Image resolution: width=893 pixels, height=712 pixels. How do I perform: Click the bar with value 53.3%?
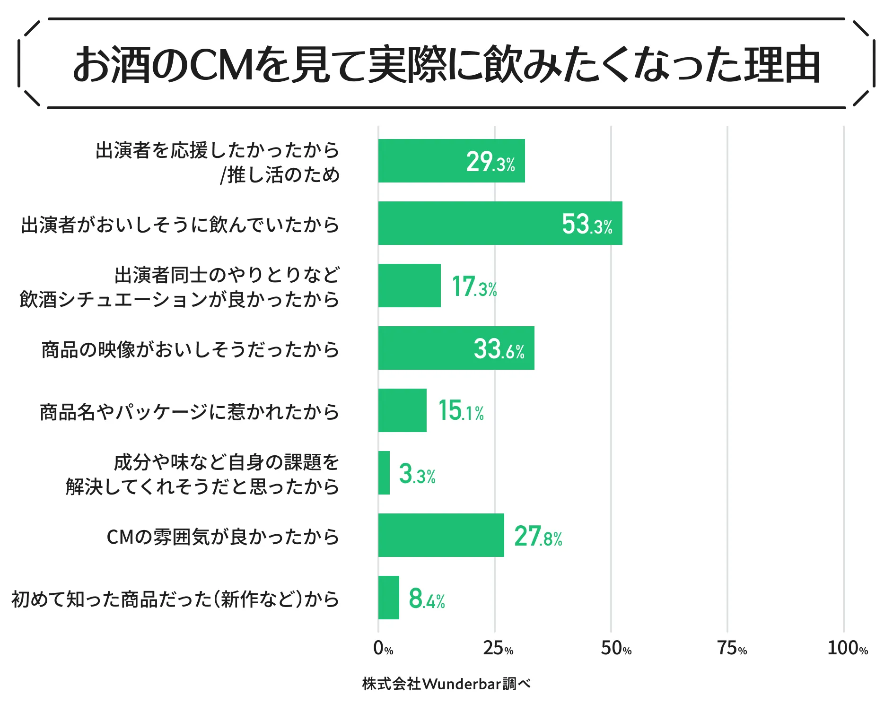click(500, 223)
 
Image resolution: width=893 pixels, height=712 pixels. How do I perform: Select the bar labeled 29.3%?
click(451, 161)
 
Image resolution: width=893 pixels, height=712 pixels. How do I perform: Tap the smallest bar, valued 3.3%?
click(384, 473)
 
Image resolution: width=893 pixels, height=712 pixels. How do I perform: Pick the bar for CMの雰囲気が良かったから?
click(441, 535)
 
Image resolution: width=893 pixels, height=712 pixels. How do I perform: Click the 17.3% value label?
click(474, 287)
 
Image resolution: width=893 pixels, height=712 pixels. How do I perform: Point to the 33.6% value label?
click(499, 349)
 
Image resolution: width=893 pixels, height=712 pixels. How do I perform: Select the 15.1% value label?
click(461, 410)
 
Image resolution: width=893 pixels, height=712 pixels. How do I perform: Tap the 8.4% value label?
click(427, 599)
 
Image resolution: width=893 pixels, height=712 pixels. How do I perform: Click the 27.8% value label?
click(538, 536)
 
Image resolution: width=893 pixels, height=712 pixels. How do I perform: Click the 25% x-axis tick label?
click(498, 648)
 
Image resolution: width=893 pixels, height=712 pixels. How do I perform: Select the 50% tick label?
click(616, 648)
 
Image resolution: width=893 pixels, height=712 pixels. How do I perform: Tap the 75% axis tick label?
click(732, 648)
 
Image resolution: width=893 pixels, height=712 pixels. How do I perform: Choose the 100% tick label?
click(847, 648)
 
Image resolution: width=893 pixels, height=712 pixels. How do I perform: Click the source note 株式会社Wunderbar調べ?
click(446, 684)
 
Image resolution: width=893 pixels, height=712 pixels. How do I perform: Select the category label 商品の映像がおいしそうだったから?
click(190, 350)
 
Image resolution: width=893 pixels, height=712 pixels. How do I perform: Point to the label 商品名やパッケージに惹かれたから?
click(189, 412)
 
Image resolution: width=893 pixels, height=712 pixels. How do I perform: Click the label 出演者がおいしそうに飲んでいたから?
click(180, 225)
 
